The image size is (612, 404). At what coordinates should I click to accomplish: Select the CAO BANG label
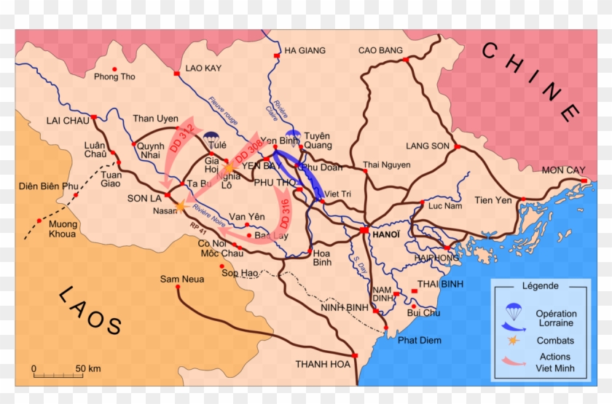pos(380,50)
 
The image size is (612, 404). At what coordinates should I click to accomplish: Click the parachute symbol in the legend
pos(514,310)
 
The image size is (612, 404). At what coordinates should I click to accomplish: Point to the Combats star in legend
pos(514,341)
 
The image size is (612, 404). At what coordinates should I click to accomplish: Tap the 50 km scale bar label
pos(88,368)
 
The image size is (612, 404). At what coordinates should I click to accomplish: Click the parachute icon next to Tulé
pos(212,135)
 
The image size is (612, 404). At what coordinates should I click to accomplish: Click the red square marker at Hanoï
pos(363,230)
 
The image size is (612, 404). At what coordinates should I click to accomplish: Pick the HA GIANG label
pos(305,50)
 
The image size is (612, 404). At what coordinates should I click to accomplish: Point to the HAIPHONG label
pos(437,258)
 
